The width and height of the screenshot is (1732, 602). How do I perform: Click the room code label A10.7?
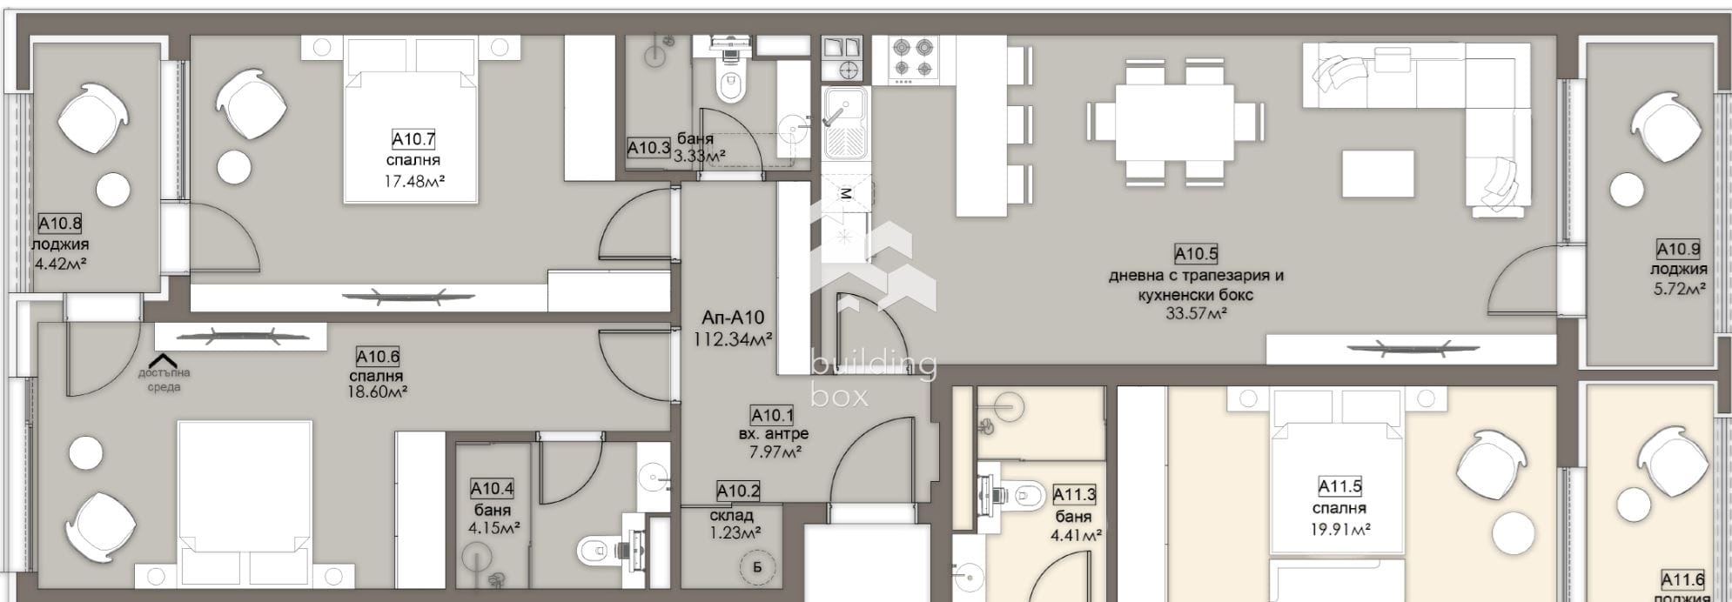click(x=413, y=139)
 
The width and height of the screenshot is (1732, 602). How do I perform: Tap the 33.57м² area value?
click(x=1196, y=313)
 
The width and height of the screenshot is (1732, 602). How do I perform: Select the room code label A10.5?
click(x=1196, y=254)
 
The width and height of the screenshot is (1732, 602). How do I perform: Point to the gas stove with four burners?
click(x=913, y=57)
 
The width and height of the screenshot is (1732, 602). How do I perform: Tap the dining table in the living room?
click(x=1173, y=122)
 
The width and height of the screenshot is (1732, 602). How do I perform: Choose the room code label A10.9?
click(x=1678, y=250)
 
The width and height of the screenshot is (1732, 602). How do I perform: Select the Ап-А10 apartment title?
click(x=733, y=318)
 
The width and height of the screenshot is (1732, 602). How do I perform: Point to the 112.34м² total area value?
click(x=733, y=339)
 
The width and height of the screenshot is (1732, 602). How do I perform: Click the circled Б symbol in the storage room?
click(x=757, y=567)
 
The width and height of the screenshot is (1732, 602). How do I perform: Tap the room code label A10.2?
click(x=738, y=492)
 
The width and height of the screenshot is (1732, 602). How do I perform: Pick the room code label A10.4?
click(x=492, y=489)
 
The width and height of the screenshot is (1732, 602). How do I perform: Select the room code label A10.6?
click(x=377, y=357)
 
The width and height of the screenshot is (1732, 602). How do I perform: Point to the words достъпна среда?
click(x=164, y=380)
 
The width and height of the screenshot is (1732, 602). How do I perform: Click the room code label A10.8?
click(x=60, y=224)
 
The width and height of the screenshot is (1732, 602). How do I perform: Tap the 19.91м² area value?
click(x=1339, y=528)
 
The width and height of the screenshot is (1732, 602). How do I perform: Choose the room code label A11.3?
click(x=1074, y=495)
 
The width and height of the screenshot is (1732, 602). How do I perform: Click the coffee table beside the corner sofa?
click(x=1378, y=173)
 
